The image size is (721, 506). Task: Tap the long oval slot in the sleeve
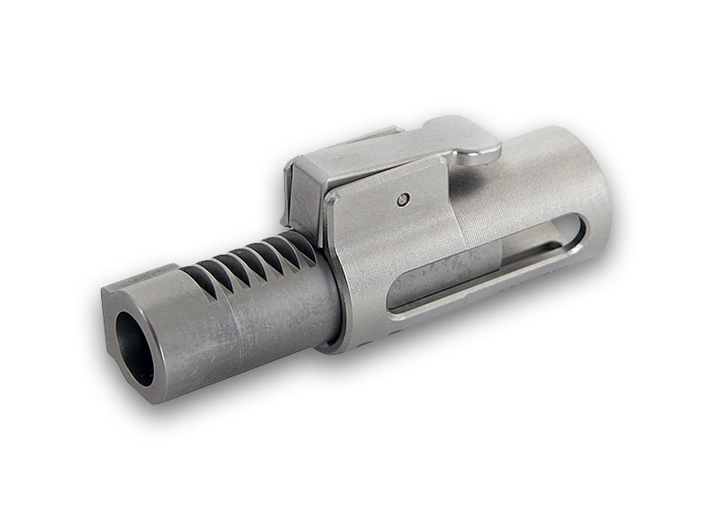[487, 270]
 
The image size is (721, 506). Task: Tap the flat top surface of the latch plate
[360, 158]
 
